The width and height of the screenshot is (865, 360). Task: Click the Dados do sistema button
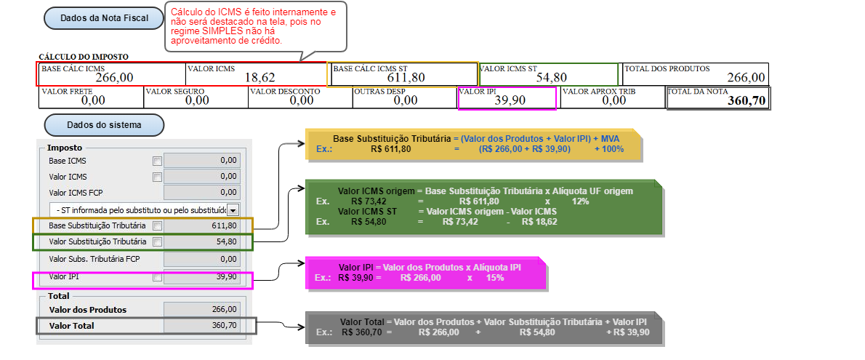pos(104,125)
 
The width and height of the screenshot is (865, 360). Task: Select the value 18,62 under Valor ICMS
pos(259,77)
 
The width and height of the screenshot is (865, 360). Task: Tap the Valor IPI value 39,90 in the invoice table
pos(510,100)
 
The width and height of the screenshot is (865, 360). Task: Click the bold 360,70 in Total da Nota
pos(747,101)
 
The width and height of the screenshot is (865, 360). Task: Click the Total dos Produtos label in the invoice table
pos(667,68)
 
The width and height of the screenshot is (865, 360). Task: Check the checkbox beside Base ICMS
pos(157,161)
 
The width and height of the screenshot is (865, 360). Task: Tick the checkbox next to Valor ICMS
pos(157,177)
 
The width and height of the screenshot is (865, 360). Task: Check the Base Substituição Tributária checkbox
pos(157,226)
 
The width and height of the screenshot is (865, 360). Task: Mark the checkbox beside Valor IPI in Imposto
pos(157,277)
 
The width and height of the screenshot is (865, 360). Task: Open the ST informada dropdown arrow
pos(233,210)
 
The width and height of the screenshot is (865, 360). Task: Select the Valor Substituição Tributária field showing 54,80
pos(202,241)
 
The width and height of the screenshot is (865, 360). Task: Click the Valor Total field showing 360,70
pos(202,325)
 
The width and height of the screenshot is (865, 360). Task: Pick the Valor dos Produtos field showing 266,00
pos(202,309)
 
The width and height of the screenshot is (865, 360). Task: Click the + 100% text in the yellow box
pos(609,148)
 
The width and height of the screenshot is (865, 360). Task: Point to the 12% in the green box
pos(580,201)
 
